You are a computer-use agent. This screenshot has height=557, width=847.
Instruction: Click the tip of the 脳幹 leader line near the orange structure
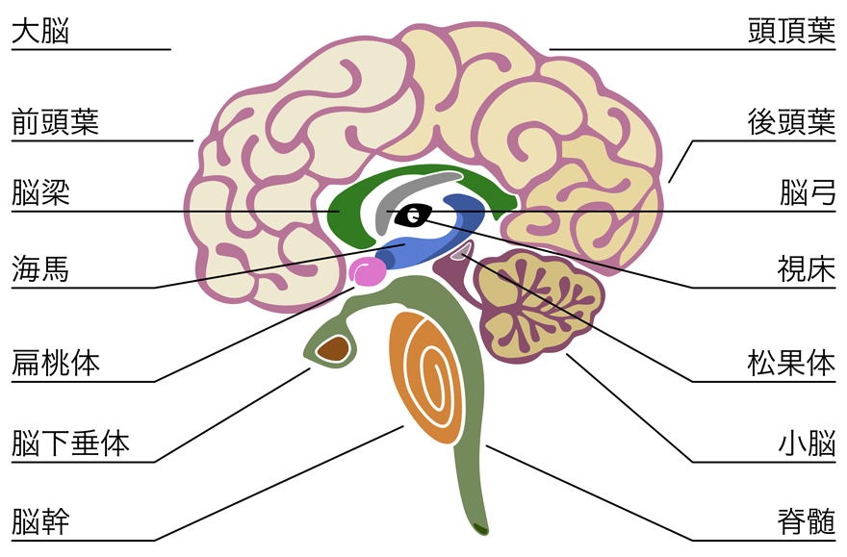[403, 426]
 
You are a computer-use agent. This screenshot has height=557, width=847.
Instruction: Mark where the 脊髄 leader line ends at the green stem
[486, 445]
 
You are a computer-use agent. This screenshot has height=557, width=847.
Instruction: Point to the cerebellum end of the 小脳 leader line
[566, 354]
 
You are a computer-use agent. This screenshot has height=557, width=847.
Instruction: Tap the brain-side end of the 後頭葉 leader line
[669, 183]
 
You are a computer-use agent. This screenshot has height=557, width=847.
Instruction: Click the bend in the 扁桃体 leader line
[155, 382]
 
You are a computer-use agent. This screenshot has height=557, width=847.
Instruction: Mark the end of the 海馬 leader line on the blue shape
[405, 244]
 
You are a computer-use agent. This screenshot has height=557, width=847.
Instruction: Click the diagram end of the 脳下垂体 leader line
[311, 368]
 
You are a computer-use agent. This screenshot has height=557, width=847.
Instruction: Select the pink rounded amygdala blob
[368, 271]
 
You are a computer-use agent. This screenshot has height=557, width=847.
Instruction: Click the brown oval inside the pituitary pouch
[332, 348]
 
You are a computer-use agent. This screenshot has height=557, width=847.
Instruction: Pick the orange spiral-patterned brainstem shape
[426, 377]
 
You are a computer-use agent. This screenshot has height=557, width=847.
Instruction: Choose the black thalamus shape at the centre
[414, 215]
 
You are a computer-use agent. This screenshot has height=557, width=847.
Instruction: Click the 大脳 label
[40, 31]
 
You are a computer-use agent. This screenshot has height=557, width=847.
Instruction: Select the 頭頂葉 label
[791, 31]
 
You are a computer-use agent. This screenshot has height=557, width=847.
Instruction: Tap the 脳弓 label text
[807, 192]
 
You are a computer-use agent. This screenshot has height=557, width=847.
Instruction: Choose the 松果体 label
[791, 363]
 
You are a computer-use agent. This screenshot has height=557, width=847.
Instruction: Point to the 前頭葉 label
[56, 122]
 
